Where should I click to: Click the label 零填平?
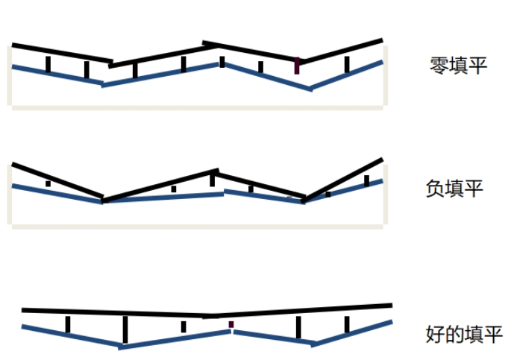(x=458, y=65)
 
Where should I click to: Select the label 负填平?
(x=454, y=189)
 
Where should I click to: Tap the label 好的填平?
(x=463, y=333)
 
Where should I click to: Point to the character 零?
(x=439, y=65)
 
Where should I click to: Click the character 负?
(x=435, y=189)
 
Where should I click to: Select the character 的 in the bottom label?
(x=454, y=333)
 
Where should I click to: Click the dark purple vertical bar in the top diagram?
(x=297, y=65)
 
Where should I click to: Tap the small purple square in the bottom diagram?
(x=231, y=324)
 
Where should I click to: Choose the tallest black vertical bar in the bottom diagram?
(x=125, y=329)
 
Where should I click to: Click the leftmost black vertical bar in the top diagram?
(x=48, y=64)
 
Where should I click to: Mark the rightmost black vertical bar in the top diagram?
(x=347, y=65)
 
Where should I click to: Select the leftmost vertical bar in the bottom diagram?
(x=68, y=324)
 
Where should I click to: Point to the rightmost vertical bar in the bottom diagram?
(x=347, y=324)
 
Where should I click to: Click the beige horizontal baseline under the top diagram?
(x=198, y=107)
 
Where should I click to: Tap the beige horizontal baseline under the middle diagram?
(x=198, y=226)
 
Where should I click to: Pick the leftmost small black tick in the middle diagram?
(x=48, y=183)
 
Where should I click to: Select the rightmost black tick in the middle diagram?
(x=366, y=180)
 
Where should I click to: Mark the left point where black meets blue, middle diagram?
(x=103, y=200)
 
